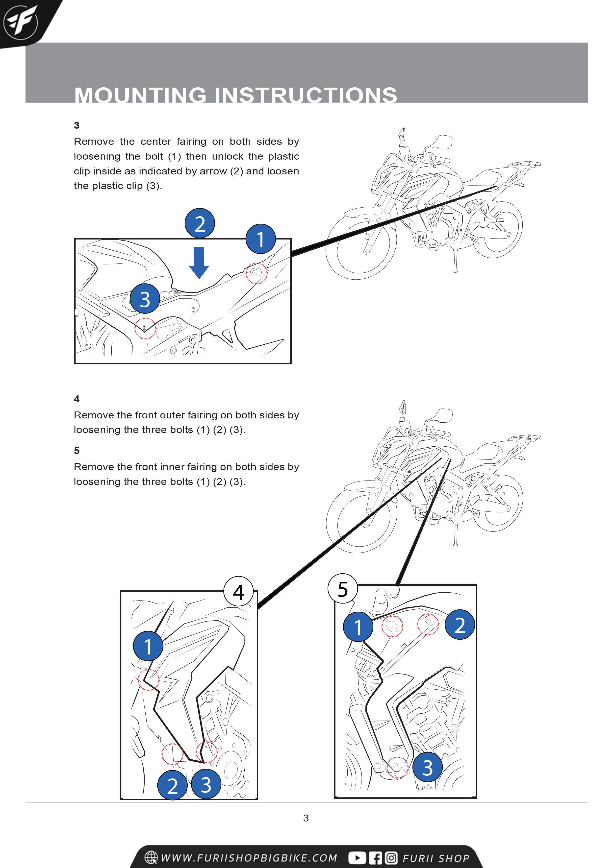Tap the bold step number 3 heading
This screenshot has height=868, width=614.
(77, 125)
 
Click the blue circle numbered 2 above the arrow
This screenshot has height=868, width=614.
(200, 223)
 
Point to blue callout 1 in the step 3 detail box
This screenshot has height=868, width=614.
(261, 239)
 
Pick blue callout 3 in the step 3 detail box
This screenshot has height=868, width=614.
(145, 299)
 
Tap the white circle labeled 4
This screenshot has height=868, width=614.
(238, 592)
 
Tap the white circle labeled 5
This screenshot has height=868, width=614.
(343, 589)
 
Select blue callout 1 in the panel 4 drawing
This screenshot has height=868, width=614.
(148, 646)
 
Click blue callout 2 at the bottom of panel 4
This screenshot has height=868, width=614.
(173, 785)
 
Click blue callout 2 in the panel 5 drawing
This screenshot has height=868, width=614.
(460, 625)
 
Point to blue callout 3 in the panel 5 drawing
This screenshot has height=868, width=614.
(428, 768)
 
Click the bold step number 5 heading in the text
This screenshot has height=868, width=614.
(77, 451)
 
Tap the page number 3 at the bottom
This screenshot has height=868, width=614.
(306, 818)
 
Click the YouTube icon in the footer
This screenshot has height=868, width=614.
(357, 858)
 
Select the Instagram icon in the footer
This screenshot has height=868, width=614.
(391, 858)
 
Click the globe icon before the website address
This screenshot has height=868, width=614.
(151, 857)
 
